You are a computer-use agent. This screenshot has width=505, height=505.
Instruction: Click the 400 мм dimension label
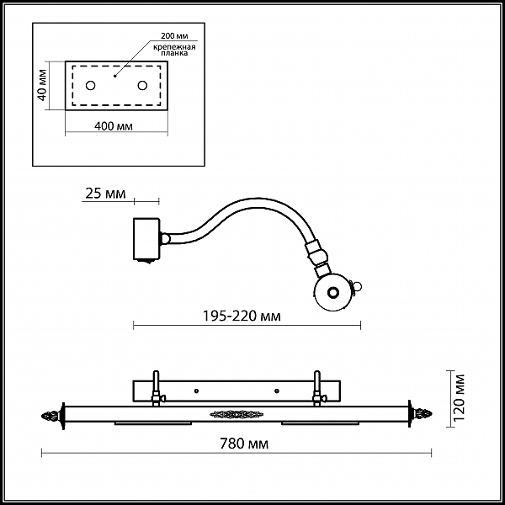tap(115, 126)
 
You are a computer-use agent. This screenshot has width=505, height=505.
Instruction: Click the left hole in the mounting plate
tap(91, 85)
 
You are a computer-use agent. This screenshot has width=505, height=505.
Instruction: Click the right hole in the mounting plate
tap(141, 85)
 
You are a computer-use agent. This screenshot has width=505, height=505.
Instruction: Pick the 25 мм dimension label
tap(105, 194)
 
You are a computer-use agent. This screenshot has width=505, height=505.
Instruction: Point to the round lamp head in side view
tap(332, 293)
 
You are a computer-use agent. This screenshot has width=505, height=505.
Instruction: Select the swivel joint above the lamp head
tap(317, 256)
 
